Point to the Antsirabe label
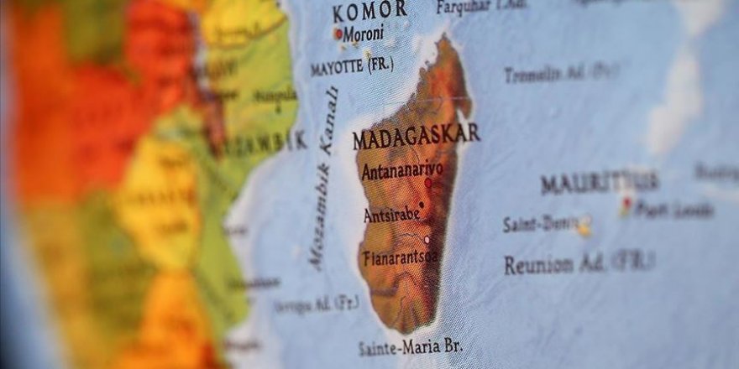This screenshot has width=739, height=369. (x=391, y=215)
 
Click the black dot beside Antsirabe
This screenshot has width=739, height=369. (x=421, y=203)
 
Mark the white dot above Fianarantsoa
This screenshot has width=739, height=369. (x=427, y=239)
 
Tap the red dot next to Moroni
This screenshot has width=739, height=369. (x=338, y=34)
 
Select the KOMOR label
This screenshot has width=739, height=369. (x=369, y=12)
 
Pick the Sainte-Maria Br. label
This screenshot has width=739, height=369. (x=409, y=346)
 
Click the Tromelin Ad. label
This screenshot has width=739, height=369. (x=560, y=73)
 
